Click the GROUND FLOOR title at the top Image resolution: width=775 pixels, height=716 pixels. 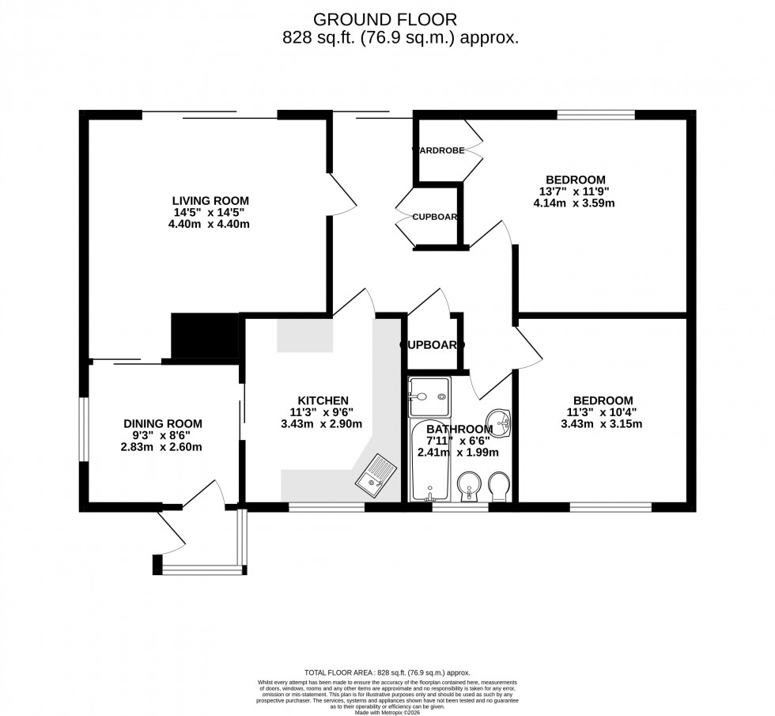[385, 19]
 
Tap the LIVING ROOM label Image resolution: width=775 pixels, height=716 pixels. [211, 200]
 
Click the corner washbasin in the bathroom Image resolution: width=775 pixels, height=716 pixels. [499, 420]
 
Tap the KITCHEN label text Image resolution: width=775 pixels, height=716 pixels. [323, 400]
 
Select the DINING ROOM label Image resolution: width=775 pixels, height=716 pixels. [163, 423]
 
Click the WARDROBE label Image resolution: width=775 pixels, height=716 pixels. [438, 150]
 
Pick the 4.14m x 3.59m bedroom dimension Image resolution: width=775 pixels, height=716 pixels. [574, 203]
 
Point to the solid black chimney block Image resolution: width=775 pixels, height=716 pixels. [203, 336]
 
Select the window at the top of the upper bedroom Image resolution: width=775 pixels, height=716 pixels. [595, 115]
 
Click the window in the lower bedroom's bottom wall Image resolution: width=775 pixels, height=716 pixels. [611, 507]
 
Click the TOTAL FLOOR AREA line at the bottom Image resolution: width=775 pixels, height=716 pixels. [387, 671]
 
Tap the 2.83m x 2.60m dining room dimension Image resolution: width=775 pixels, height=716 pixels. [162, 446]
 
